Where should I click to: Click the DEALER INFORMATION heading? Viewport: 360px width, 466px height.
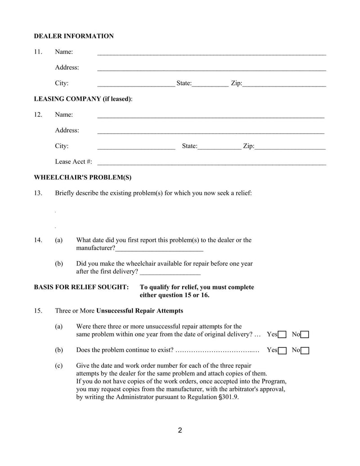click(x=74, y=36)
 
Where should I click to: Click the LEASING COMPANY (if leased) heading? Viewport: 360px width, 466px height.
click(x=83, y=99)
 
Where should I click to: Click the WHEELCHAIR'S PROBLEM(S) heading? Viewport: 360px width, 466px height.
click(x=83, y=177)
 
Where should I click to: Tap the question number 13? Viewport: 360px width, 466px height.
click(x=38, y=193)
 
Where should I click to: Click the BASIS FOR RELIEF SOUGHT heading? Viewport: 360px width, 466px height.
click(x=81, y=287)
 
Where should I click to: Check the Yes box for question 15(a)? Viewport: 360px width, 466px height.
click(x=282, y=335)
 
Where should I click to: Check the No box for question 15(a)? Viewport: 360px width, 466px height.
click(x=305, y=335)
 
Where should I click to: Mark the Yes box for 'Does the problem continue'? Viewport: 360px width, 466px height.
click(x=282, y=350)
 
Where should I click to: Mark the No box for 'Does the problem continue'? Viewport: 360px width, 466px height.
click(x=305, y=350)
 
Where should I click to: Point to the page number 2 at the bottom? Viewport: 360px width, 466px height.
click(x=180, y=430)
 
